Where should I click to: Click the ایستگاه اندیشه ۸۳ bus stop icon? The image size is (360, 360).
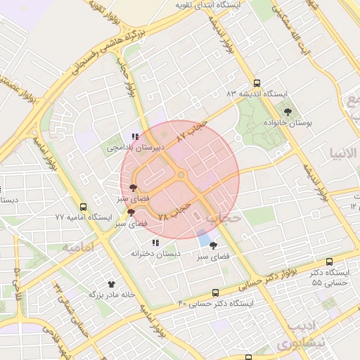pos(257,82)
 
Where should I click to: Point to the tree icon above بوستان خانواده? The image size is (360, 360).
pos(287,111)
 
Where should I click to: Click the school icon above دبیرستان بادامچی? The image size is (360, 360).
pos(134,137)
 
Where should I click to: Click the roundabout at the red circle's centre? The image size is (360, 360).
pos(181,175)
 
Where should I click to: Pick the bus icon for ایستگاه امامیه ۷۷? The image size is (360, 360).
pos(84,207)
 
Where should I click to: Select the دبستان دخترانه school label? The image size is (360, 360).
pos(155,253)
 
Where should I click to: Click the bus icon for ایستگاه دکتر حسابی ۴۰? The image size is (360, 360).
pos(214,292)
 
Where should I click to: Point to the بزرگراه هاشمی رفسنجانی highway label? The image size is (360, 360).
pos(111,51)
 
